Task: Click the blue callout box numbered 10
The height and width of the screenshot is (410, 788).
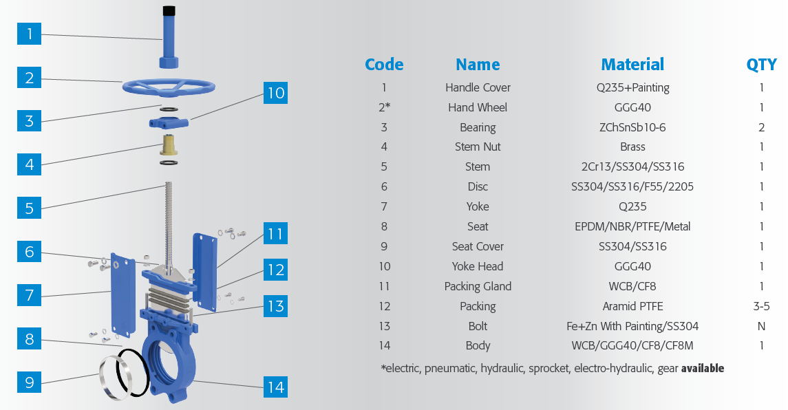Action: click(275, 92)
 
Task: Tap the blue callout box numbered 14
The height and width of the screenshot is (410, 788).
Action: click(275, 387)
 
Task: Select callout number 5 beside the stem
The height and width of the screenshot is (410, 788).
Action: click(29, 207)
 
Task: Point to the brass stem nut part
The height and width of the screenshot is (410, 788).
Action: click(168, 145)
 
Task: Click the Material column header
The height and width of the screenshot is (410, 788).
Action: click(632, 65)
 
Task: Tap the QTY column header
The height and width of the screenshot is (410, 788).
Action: click(761, 65)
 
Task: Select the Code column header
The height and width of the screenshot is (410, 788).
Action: click(384, 65)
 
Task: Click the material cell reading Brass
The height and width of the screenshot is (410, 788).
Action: click(632, 147)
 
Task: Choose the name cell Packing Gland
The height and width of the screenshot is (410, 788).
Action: click(478, 286)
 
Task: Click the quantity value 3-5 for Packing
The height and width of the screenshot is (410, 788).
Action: click(761, 306)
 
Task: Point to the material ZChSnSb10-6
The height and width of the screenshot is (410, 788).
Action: click(632, 127)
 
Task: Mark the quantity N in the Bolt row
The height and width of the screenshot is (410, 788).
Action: click(761, 326)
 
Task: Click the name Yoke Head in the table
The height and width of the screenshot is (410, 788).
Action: click(478, 266)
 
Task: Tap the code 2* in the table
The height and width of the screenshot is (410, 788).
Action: click(384, 107)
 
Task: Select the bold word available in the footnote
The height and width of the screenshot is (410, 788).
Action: click(702, 368)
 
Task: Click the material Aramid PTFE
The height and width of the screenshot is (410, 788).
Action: click(632, 306)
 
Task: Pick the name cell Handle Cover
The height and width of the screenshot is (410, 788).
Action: click(478, 87)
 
